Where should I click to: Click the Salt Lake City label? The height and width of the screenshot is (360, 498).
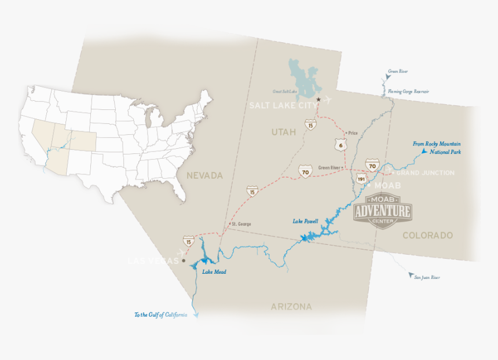(x=283, y=105)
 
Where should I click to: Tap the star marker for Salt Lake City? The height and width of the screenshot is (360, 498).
(x=318, y=99)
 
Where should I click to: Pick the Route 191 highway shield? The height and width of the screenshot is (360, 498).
(x=360, y=179)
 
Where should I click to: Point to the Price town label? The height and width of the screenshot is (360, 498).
(x=353, y=133)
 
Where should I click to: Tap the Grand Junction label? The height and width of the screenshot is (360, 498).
(x=425, y=173)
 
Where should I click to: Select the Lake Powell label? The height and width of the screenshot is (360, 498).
(x=305, y=221)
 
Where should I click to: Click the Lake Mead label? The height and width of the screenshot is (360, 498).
(x=214, y=271)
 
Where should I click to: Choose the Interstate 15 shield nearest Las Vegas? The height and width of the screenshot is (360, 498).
(x=188, y=240)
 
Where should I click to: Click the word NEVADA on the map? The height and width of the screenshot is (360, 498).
(x=204, y=175)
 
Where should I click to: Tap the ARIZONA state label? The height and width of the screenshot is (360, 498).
(x=291, y=307)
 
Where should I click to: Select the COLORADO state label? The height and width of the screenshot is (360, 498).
(x=427, y=236)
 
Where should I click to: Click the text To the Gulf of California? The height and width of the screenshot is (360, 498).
(x=160, y=315)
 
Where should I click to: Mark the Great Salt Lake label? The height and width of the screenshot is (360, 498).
(x=285, y=91)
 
